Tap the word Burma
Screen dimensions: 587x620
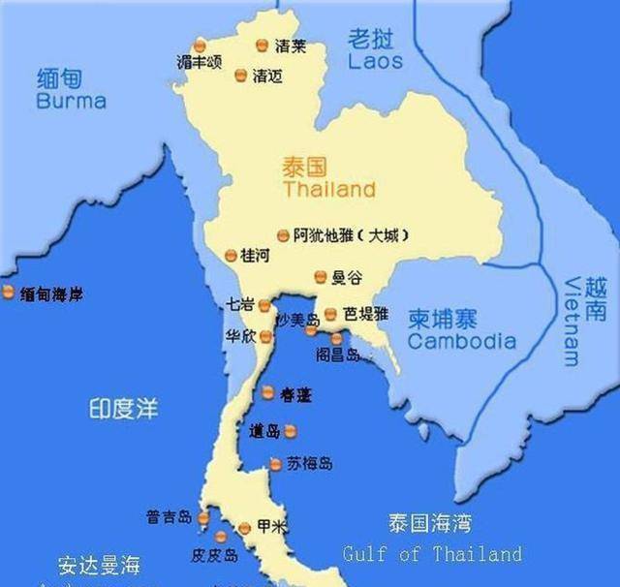[x=71, y=101]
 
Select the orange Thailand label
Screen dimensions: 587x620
[x=328, y=189]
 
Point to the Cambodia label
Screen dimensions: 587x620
[x=461, y=341]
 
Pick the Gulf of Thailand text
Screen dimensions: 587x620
[x=432, y=554]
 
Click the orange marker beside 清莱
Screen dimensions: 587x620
[x=262, y=46]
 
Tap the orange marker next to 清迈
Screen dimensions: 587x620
[x=240, y=74]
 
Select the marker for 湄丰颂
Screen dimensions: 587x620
[x=200, y=46]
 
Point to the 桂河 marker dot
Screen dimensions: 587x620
[x=231, y=256]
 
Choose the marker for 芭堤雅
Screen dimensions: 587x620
[x=330, y=314]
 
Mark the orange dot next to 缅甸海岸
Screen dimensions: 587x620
[x=8, y=293]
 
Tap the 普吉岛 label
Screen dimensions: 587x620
[x=169, y=517]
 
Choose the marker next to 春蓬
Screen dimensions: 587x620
[x=268, y=392]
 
